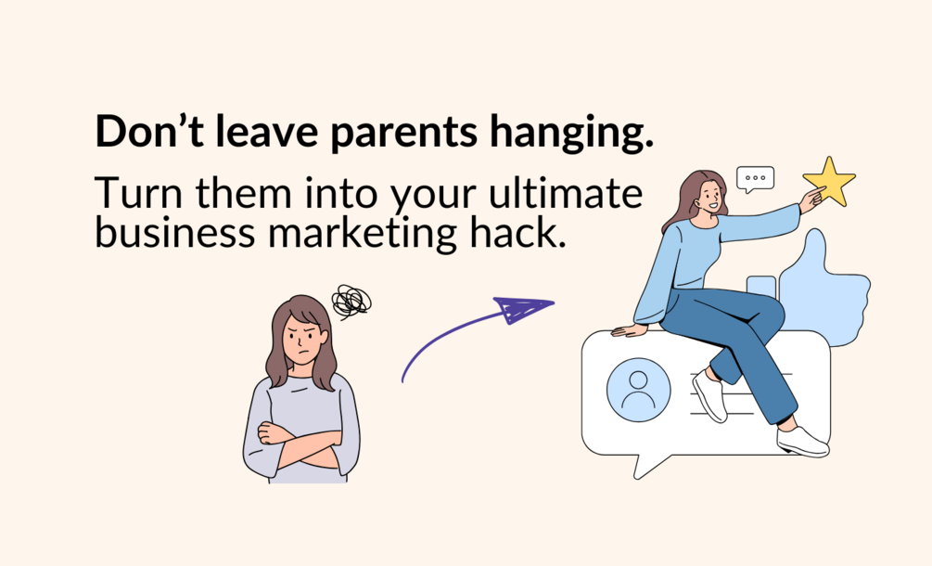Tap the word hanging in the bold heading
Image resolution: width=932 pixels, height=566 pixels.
coord(571,134)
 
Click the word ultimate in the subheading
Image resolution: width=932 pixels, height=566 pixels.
coord(566,192)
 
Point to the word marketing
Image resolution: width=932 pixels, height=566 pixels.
coord(362,233)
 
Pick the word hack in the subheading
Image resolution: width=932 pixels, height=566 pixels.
coord(517,232)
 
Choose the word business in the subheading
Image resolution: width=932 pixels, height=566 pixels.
coord(174,232)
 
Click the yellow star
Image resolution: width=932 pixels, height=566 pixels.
coord(830,182)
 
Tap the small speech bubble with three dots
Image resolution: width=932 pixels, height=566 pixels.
coord(755,178)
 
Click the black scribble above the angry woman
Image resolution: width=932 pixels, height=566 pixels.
coord(351,302)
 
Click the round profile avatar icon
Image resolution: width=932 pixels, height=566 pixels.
coord(638,390)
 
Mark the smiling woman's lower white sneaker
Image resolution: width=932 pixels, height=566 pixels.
coord(802,442)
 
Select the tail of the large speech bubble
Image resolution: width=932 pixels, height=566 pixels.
coord(650,465)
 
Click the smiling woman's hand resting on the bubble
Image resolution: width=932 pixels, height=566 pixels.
coord(628,330)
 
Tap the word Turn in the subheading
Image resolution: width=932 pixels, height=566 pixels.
coord(139,193)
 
